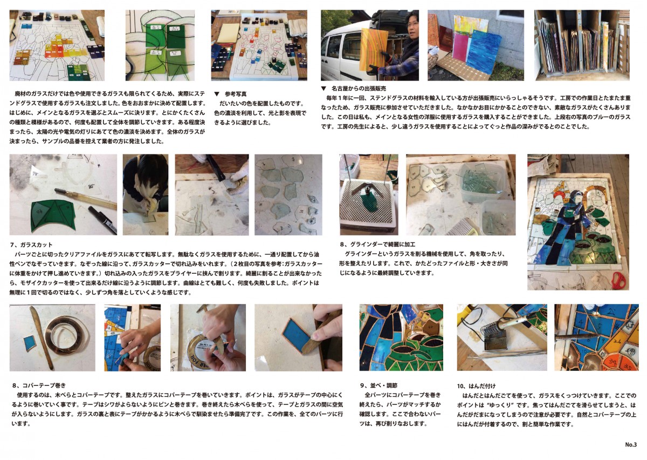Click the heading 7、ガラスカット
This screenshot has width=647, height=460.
pyautogui.click(x=31, y=245)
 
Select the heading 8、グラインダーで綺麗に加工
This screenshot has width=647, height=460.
pyautogui.click(x=378, y=245)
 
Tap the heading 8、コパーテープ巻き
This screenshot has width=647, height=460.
pyautogui.click(x=39, y=385)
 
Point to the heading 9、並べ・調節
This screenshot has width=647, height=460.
pyautogui.click(x=378, y=385)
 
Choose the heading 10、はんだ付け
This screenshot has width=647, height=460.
pyautogui.click(x=476, y=386)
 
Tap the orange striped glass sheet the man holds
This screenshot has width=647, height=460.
pyautogui.click(x=375, y=49)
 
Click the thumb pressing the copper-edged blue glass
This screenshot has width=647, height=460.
pyautogui.click(x=317, y=336)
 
